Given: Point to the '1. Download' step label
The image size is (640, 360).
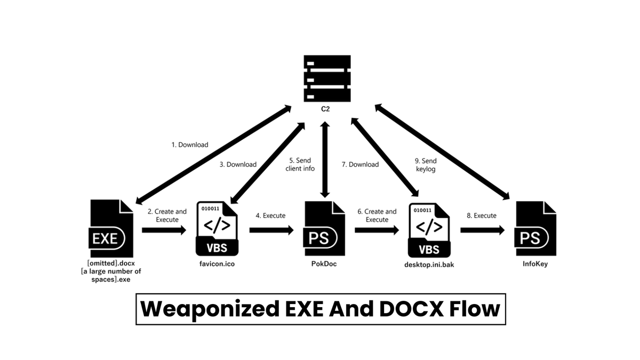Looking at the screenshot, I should coord(190,145).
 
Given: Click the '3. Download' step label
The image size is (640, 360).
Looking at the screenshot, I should coord(238,164).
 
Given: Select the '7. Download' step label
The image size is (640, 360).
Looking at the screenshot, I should coord(360,164).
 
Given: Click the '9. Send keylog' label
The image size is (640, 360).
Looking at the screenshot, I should coord(425,164).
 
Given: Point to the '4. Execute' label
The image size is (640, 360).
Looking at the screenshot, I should coord(270,215).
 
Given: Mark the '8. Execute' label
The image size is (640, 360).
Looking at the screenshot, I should coord(482,215).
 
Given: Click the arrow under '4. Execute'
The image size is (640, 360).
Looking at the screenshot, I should coord(271,230).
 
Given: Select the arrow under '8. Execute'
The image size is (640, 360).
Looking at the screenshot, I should coord(482,230).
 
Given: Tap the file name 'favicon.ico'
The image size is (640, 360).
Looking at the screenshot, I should coord(218,263).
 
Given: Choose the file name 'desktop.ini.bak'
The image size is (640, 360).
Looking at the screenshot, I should coord(430,263).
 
